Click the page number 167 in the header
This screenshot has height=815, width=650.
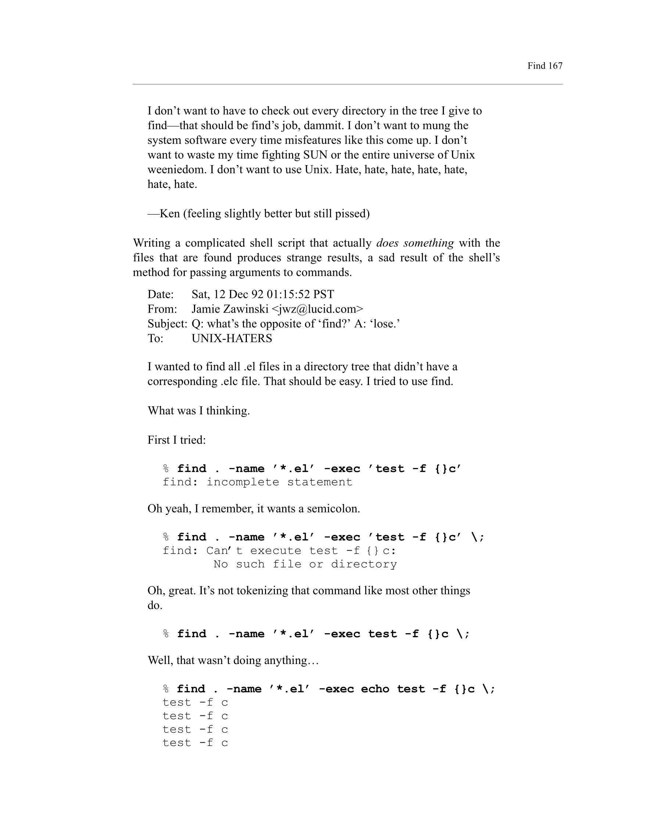(555, 66)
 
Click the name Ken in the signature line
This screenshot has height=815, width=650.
(169, 214)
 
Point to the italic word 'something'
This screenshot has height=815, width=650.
(428, 243)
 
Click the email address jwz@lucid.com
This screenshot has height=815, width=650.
(317, 309)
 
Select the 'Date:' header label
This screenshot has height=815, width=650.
(161, 294)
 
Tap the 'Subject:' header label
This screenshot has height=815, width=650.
(167, 324)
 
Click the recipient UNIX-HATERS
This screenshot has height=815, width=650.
(232, 338)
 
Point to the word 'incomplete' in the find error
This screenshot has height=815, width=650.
(243, 482)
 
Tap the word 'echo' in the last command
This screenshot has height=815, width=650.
(375, 689)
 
